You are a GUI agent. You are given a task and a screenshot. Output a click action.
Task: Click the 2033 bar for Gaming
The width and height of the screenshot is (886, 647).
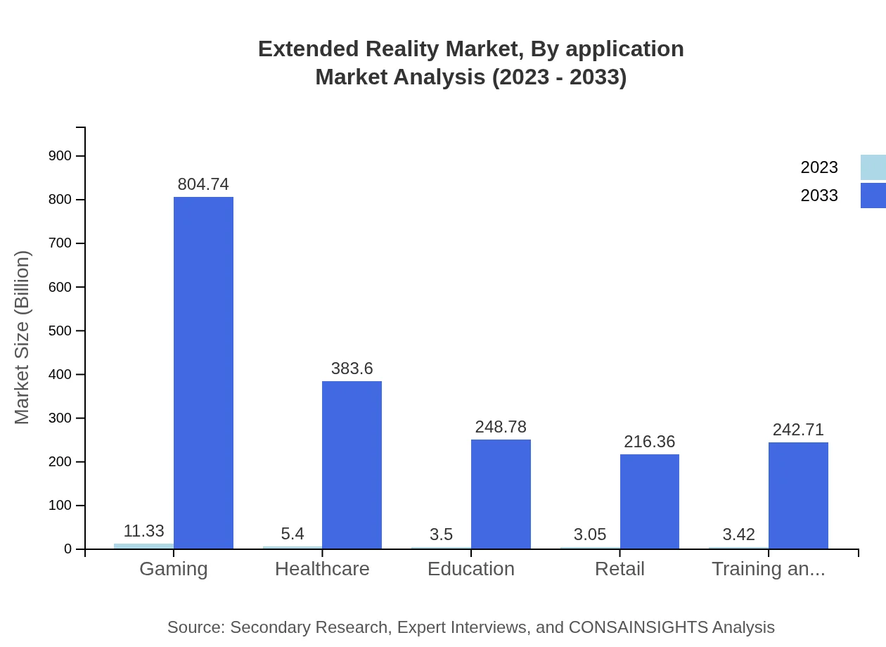pyautogui.click(x=203, y=373)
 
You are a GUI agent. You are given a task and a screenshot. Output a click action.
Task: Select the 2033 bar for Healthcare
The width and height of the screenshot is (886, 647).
pyautogui.click(x=352, y=465)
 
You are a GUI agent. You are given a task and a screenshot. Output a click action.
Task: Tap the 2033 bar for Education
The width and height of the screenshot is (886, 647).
pyautogui.click(x=501, y=494)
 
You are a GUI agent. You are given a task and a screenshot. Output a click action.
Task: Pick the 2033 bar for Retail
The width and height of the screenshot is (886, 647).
pyautogui.click(x=650, y=501)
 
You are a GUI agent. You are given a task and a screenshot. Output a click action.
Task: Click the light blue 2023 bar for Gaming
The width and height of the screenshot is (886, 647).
pyautogui.click(x=143, y=546)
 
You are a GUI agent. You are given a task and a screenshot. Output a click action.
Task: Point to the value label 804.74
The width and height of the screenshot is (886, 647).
pyautogui.click(x=203, y=184)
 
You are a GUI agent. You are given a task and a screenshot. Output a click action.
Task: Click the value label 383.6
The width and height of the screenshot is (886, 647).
pyautogui.click(x=352, y=369)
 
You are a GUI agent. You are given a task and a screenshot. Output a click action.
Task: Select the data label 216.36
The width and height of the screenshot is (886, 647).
pyautogui.click(x=649, y=442)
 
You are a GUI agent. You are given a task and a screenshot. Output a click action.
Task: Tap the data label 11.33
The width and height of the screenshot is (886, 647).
pyautogui.click(x=143, y=532)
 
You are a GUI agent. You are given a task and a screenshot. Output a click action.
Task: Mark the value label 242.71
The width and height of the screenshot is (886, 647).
pyautogui.click(x=798, y=430)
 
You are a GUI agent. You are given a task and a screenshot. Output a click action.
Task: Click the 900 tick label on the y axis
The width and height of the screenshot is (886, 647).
pyautogui.click(x=60, y=156)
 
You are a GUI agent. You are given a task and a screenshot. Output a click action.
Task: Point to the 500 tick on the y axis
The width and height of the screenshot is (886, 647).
pyautogui.click(x=60, y=331)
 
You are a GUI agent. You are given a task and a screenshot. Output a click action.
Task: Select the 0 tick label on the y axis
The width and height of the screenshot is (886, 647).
pyautogui.click(x=68, y=549)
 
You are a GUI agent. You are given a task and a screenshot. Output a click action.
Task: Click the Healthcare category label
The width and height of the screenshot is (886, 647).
pyautogui.click(x=322, y=569)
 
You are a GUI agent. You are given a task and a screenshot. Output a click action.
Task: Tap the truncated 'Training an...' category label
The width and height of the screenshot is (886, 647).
pyautogui.click(x=768, y=569)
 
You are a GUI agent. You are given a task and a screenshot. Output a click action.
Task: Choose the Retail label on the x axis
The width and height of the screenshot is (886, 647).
pyautogui.click(x=619, y=569)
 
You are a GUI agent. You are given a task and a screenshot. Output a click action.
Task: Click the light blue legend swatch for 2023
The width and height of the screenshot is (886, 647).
pyautogui.click(x=873, y=167)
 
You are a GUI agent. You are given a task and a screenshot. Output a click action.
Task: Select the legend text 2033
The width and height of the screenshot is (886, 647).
pyautogui.click(x=819, y=196)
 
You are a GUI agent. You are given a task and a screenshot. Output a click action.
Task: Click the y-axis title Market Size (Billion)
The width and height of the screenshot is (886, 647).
pyautogui.click(x=23, y=338)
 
